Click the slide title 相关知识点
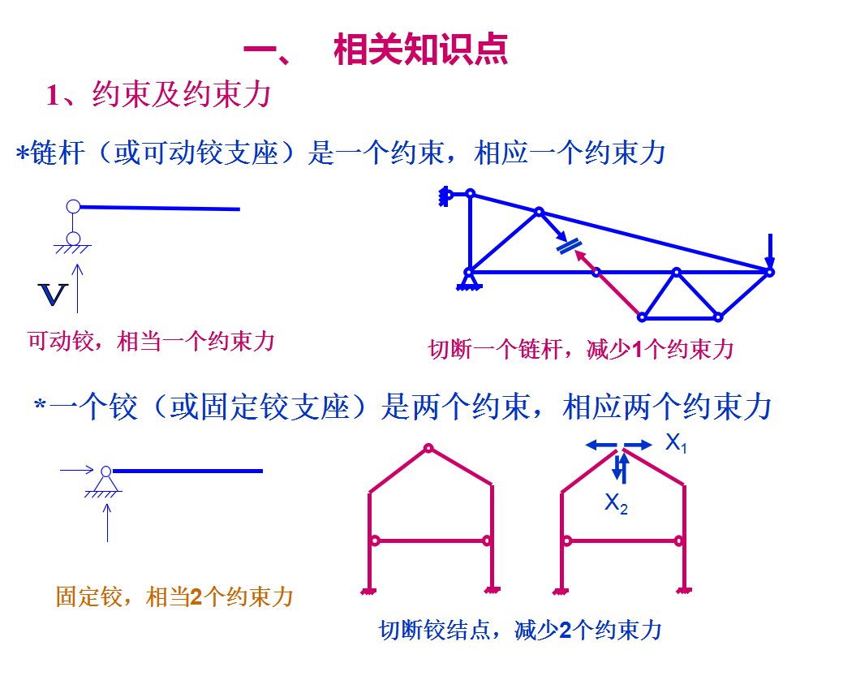(x=420, y=50)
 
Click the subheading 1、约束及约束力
(x=158, y=96)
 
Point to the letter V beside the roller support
(x=52, y=295)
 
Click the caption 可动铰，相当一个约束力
(x=151, y=341)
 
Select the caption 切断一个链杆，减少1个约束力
(x=580, y=350)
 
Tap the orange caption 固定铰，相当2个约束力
(x=174, y=598)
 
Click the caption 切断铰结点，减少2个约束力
(x=520, y=631)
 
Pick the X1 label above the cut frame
(x=676, y=443)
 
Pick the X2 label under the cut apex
(x=616, y=504)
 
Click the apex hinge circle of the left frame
(x=428, y=448)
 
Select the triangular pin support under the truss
(x=467, y=282)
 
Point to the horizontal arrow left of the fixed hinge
(x=77, y=469)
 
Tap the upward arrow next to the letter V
(x=78, y=288)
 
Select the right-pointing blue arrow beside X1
(x=639, y=445)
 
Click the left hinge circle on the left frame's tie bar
(x=375, y=540)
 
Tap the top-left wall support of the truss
(x=445, y=196)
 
